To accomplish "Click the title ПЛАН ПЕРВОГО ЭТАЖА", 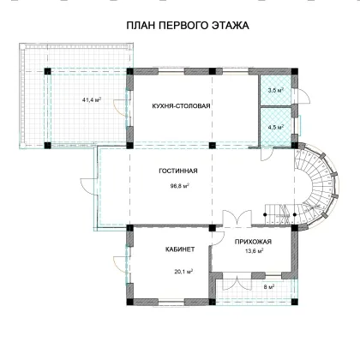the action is click(x=188, y=26).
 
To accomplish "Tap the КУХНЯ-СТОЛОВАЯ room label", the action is click(x=181, y=106).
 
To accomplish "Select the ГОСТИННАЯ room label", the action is click(x=178, y=171).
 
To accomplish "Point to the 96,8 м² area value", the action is click(x=180, y=186).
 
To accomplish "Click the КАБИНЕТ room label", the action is click(x=180, y=249).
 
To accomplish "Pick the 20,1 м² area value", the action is click(x=183, y=272).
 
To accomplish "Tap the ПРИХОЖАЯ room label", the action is click(x=253, y=242).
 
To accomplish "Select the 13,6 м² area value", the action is click(x=254, y=251).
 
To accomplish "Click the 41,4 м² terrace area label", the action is click(x=92, y=100).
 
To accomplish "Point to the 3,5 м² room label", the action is click(x=275, y=91).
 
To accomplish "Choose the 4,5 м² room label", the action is click(x=275, y=127).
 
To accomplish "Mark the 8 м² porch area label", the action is click(x=269, y=286).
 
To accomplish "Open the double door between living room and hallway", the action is click(x=237, y=219).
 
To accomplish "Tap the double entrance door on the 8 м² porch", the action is click(x=237, y=281).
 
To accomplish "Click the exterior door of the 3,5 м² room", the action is click(x=303, y=95).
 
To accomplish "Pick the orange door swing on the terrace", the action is click(x=120, y=108).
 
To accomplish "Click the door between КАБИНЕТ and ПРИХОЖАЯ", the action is click(x=217, y=238).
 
